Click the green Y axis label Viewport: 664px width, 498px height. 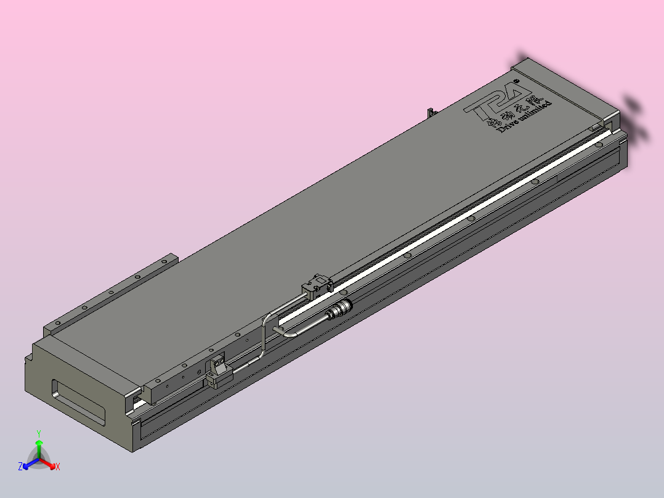(x=39, y=433)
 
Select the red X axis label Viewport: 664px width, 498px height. (x=58, y=467)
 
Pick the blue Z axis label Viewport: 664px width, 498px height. (x=20, y=467)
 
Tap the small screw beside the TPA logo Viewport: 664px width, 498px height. (x=516, y=79)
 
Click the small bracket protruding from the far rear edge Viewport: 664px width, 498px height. (x=431, y=112)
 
